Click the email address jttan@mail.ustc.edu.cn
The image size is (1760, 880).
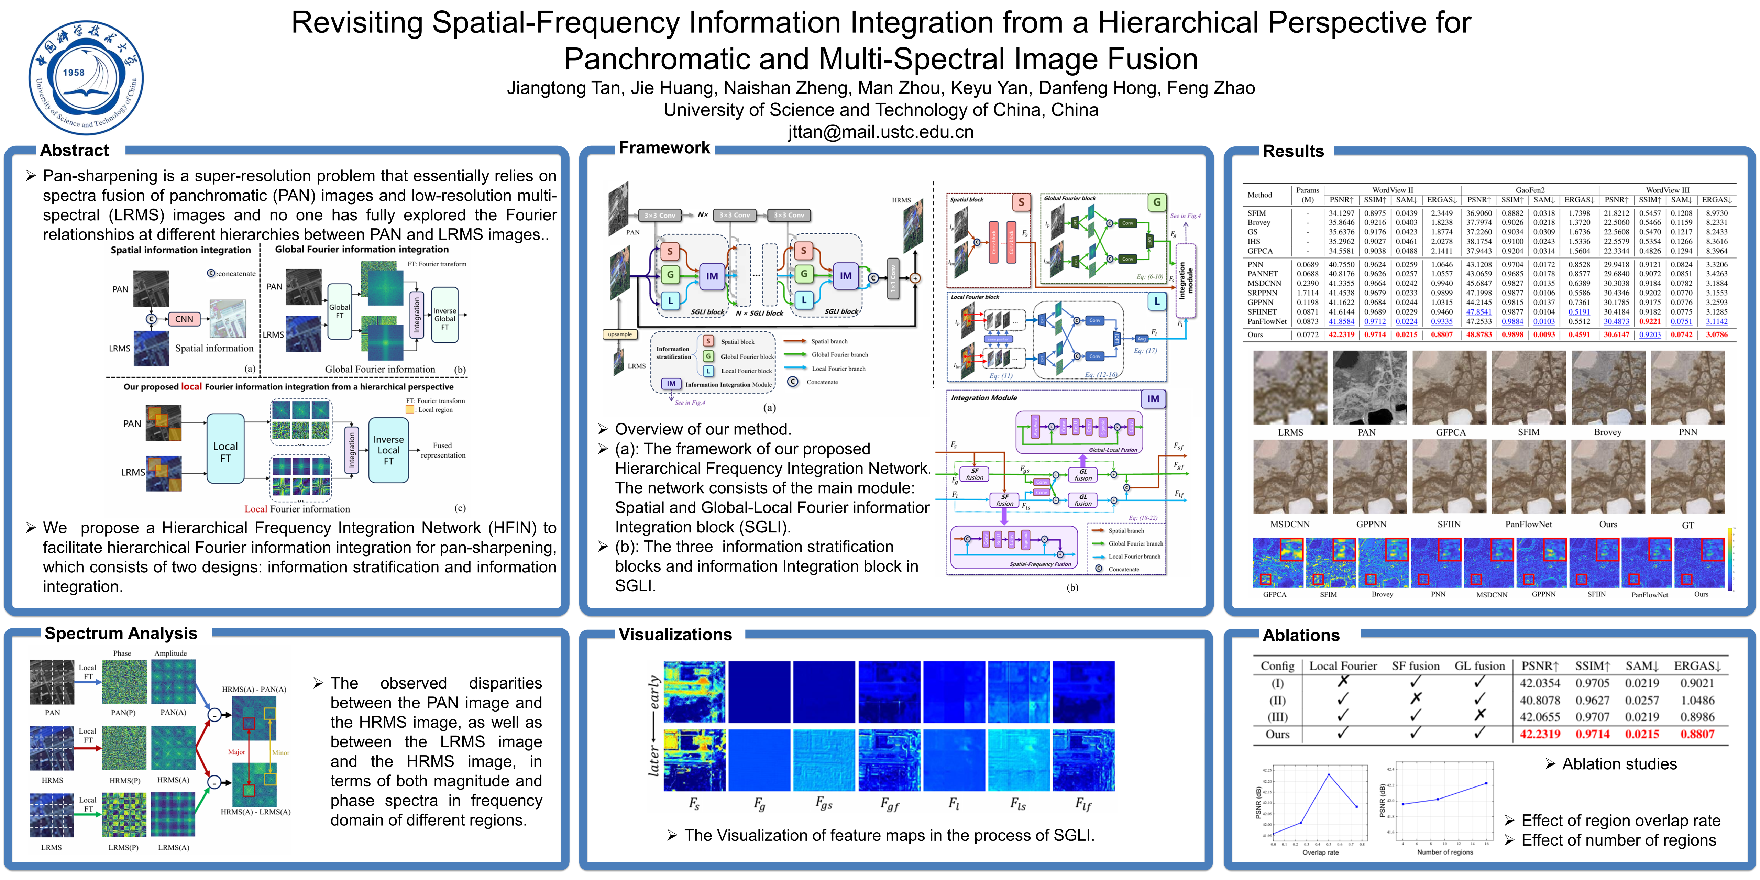click(881, 132)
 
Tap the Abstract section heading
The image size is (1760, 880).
click(75, 150)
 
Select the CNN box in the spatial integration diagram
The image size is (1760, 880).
click(184, 319)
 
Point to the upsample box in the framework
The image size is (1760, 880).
click(620, 334)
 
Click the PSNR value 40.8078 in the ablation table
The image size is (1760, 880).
click(1540, 700)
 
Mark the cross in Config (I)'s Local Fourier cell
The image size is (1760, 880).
click(1343, 682)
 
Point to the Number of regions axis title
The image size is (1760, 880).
click(1445, 852)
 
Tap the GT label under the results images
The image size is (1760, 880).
click(1687, 525)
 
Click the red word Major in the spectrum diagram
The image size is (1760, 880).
click(236, 752)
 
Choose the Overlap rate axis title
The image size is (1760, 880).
click(1320, 852)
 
